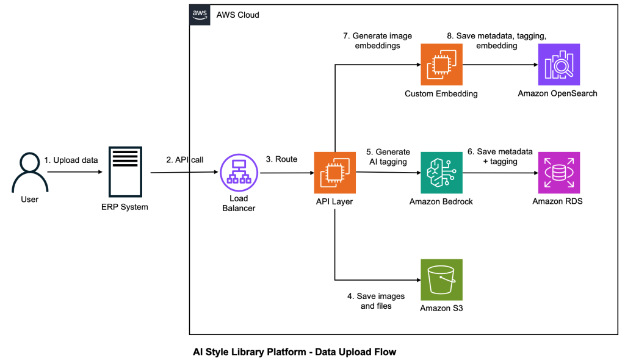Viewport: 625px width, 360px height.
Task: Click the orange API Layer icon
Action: [x=334, y=173]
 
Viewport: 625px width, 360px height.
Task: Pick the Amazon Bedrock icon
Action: [x=441, y=173]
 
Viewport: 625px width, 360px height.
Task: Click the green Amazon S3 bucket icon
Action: [x=441, y=279]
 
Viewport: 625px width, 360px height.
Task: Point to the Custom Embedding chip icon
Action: [x=441, y=65]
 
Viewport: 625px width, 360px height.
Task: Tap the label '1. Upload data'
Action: [x=71, y=160]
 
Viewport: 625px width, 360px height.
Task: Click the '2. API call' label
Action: [x=184, y=160]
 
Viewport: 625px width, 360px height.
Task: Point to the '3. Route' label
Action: [x=281, y=159]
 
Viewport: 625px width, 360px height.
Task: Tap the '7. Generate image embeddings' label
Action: [x=369, y=40]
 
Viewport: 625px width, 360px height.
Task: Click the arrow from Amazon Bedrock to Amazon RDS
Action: [x=500, y=173]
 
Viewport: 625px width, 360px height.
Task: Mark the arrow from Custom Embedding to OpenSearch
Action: [x=499, y=64]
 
